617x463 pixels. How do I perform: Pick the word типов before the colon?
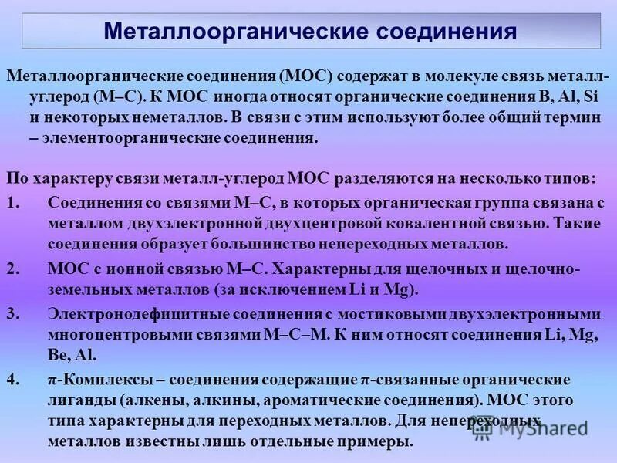click(x=571, y=179)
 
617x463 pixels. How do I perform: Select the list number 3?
click(x=11, y=314)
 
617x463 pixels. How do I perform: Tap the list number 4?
click(x=11, y=380)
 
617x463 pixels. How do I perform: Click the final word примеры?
click(x=379, y=442)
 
